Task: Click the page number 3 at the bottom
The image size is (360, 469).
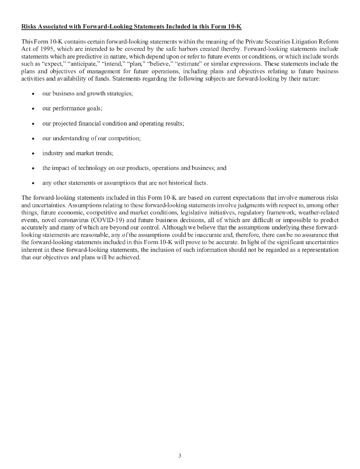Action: [x=180, y=456]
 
